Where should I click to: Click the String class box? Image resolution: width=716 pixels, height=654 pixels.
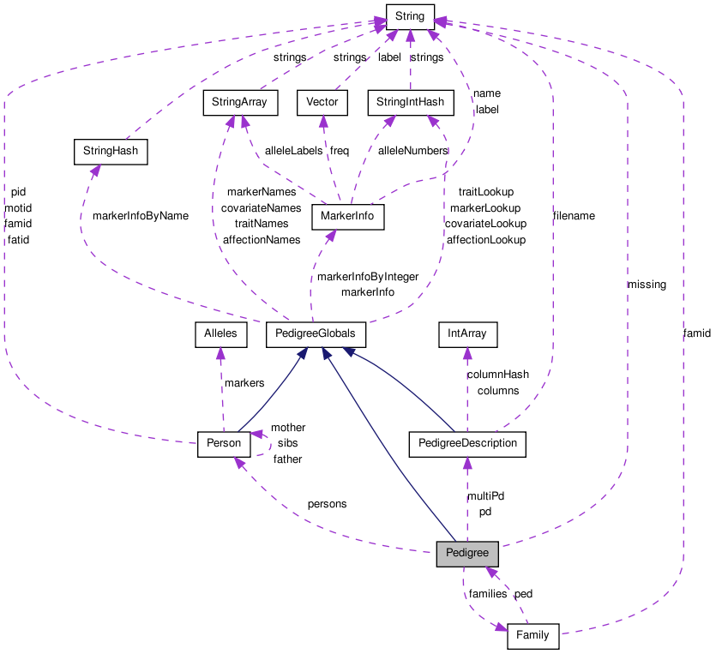tap(410, 15)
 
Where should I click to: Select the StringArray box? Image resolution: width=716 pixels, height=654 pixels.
tap(235, 103)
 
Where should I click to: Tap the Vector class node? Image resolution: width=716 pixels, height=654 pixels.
tap(322, 103)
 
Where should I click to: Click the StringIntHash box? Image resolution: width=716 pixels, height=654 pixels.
tap(410, 103)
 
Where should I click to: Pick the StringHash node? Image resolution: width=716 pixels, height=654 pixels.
tap(111, 153)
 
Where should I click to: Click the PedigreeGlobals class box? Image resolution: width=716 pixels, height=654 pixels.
tap(316, 333)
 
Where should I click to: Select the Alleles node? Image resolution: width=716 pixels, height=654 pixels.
tap(220, 333)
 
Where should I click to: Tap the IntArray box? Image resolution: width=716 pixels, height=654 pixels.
tap(467, 333)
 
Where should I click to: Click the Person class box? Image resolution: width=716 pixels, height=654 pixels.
tap(224, 443)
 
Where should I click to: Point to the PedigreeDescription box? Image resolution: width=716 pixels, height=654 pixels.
tap(467, 443)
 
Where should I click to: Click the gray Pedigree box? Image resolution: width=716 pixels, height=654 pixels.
tap(467, 554)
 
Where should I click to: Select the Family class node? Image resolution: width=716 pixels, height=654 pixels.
tap(532, 637)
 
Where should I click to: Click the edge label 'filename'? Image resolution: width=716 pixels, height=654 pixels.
tap(574, 216)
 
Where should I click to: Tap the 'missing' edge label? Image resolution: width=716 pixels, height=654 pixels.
tap(647, 285)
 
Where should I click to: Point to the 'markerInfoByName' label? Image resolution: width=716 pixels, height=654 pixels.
tap(140, 216)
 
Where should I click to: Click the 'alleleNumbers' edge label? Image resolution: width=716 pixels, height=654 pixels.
tap(413, 151)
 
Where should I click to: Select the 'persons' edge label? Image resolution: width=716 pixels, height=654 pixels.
tap(327, 504)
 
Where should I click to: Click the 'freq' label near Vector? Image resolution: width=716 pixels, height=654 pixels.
tap(340, 151)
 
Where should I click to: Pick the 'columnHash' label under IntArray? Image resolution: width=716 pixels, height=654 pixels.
tap(497, 375)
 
